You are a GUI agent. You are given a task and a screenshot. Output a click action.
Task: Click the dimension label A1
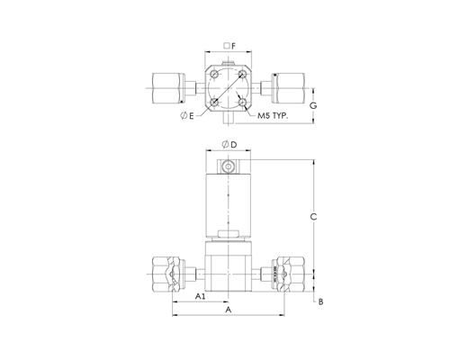(200, 296)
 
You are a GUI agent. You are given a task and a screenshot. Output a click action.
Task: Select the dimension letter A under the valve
(229, 310)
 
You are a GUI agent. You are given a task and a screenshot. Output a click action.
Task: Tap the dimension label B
(320, 301)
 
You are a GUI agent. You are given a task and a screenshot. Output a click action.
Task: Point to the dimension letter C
(313, 217)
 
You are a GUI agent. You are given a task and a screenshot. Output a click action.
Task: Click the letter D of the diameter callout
(234, 145)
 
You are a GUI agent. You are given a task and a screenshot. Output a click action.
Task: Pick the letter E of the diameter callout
(192, 116)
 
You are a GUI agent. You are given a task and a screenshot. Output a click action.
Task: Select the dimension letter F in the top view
(234, 46)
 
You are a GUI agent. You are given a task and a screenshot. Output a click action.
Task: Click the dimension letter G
(313, 105)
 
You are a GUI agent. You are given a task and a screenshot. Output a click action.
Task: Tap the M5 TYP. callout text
(273, 116)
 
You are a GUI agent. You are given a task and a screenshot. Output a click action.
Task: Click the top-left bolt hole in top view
(214, 74)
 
